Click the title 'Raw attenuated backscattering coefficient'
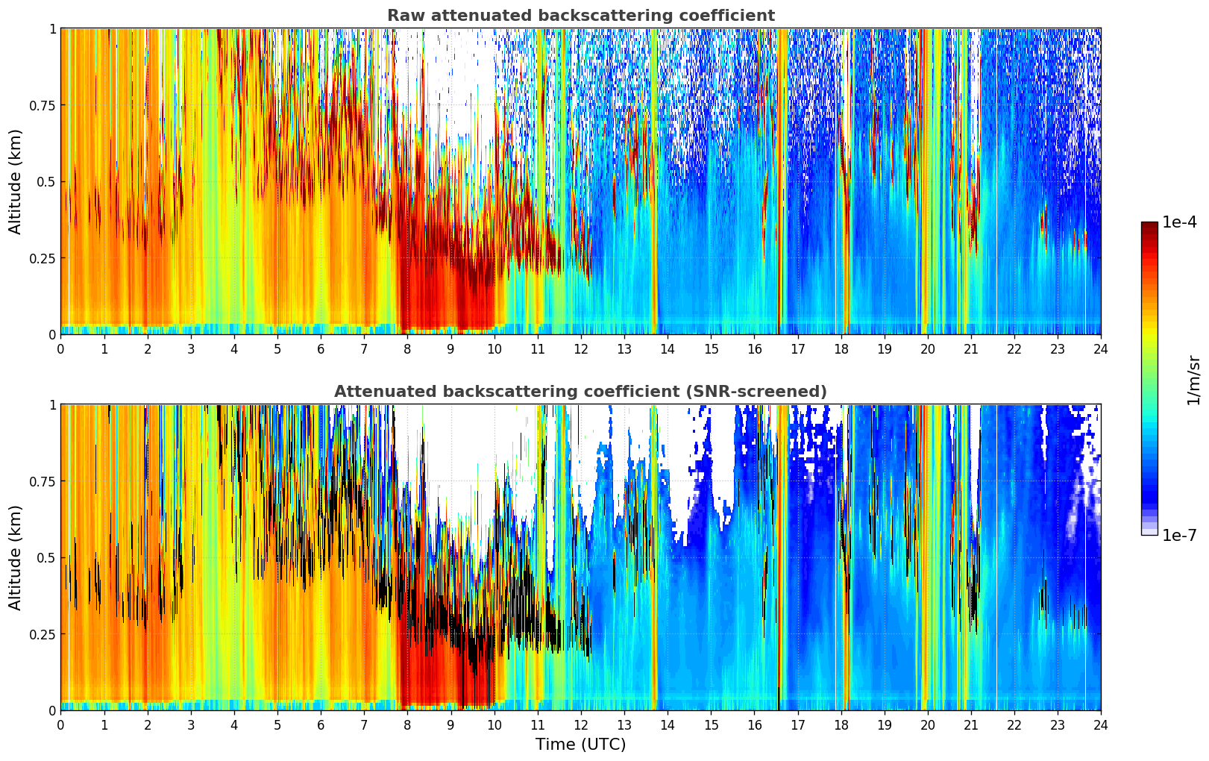[x=580, y=16]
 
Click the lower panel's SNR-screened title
[x=580, y=392]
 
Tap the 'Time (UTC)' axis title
[x=580, y=745]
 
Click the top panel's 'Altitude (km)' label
[x=16, y=181]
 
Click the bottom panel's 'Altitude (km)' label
[x=16, y=557]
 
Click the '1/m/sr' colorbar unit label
[x=1193, y=379]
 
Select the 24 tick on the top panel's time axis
[x=1101, y=348]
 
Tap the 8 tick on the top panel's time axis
[x=407, y=348]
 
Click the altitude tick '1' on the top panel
[x=51, y=28]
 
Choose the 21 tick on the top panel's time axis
[x=971, y=348]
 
